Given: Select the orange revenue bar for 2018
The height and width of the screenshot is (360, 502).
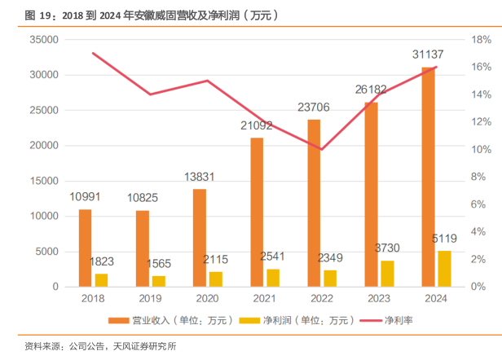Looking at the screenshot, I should [x=85, y=248].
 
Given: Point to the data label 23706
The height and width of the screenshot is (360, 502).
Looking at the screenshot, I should [x=314, y=107].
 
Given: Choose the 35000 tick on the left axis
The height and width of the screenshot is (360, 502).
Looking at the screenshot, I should [x=41, y=39].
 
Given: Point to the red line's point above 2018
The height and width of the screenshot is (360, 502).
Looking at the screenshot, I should [x=93, y=53].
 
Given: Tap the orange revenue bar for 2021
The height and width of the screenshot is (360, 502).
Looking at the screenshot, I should [x=257, y=212].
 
